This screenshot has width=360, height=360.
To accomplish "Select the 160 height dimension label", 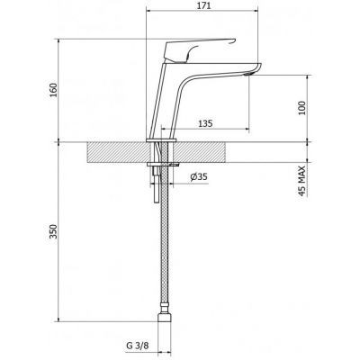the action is pyautogui.click(x=53, y=90).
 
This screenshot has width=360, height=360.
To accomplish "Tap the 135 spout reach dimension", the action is pyautogui.click(x=205, y=123).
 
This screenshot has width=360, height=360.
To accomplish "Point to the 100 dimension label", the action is pyautogui.click(x=302, y=108).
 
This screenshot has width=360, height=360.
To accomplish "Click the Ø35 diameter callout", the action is pyautogui.click(x=199, y=177).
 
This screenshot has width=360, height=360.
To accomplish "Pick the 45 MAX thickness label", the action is pyautogui.click(x=302, y=181).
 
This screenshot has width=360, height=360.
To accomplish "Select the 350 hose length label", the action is pyautogui.click(x=53, y=231).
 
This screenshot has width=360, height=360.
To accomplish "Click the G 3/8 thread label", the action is pyautogui.click(x=137, y=346).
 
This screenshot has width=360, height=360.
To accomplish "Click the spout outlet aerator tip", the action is pyautogui.click(x=248, y=74).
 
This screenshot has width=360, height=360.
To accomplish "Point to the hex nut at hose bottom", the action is pyautogui.click(x=165, y=318).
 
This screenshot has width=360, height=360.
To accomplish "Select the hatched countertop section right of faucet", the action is pyautogui.click(x=200, y=152).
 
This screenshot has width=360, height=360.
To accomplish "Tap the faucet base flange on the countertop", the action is pyautogui.click(x=161, y=140).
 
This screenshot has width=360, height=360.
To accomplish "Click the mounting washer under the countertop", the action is pyautogui.click(x=163, y=164).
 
